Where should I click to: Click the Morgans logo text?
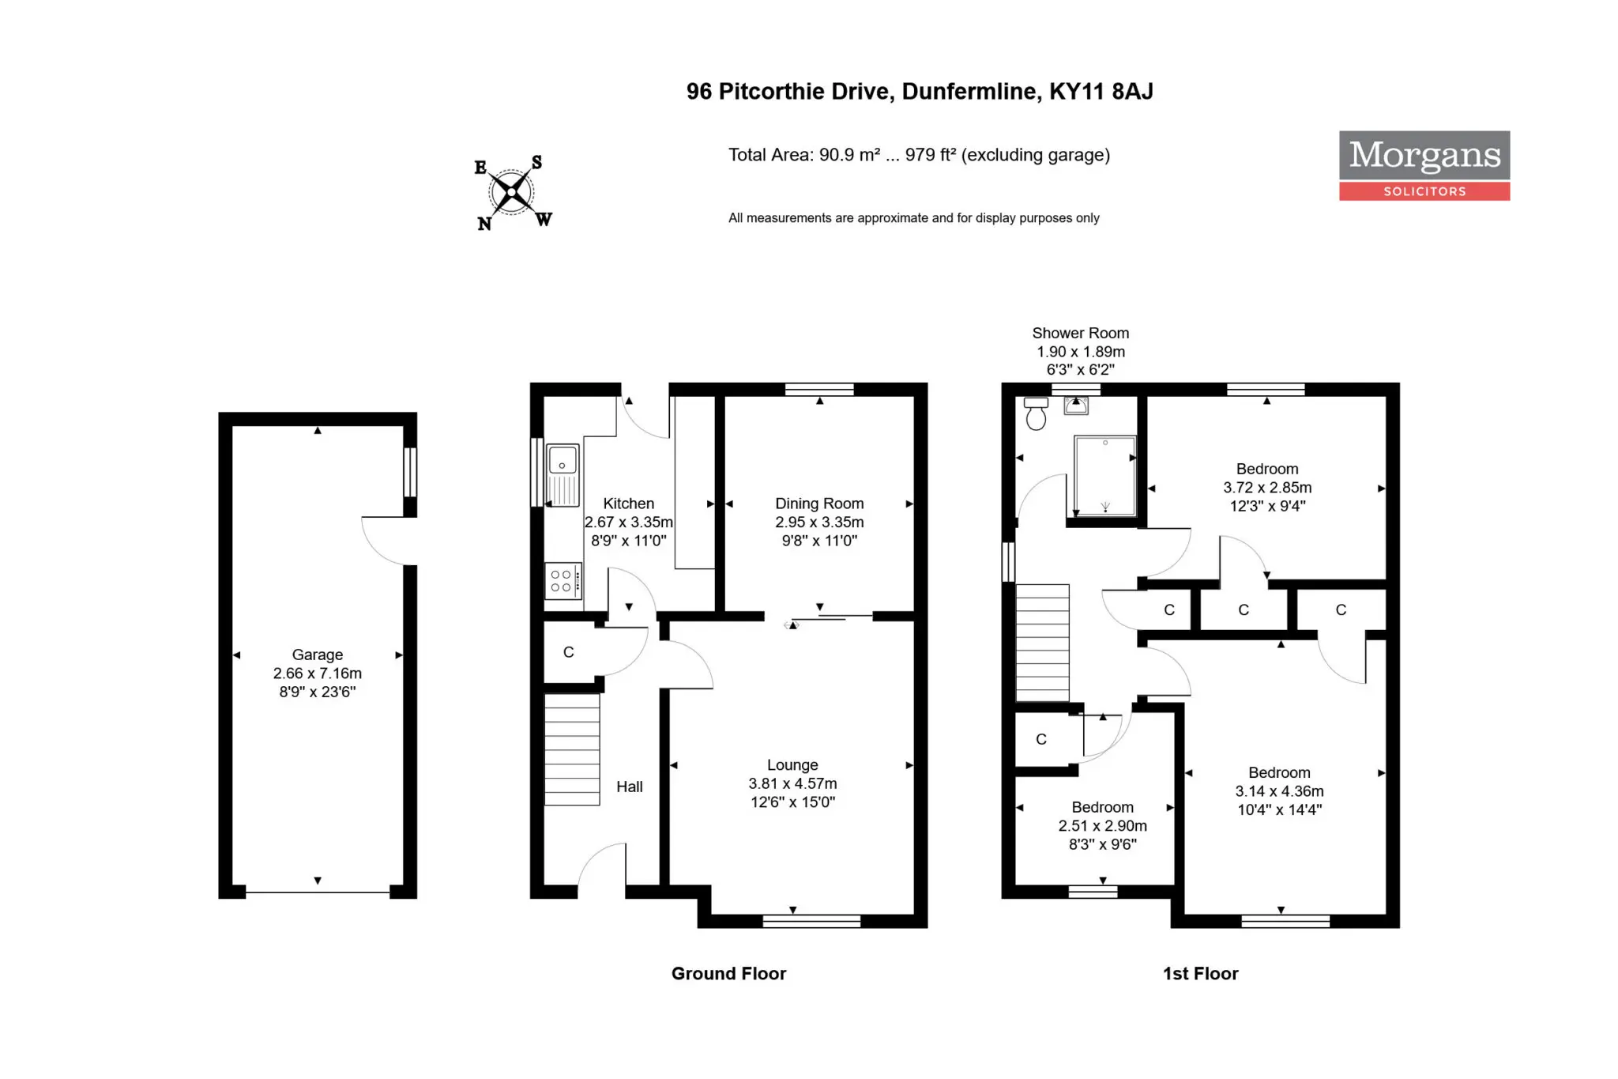[1424, 155]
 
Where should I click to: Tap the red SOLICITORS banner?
[1424, 191]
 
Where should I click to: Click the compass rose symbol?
[513, 192]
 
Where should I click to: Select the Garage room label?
[318, 655]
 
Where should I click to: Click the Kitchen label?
[629, 504]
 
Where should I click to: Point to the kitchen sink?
[563, 474]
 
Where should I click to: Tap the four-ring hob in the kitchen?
[563, 581]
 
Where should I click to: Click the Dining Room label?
[819, 504]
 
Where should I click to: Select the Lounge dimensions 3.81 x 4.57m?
[792, 783]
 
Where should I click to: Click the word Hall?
[630, 787]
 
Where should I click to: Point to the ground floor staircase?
[572, 749]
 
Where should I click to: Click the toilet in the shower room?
[1036, 413]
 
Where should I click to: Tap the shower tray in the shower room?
[1105, 476]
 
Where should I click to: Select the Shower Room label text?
[1081, 333]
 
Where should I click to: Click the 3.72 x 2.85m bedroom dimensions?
[1267, 488]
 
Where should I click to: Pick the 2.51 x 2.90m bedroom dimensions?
[1103, 825]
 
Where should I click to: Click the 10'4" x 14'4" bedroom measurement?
[1280, 809]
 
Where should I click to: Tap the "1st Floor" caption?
[1201, 974]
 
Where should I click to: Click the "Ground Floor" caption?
[729, 974]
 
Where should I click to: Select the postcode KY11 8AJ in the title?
[1101, 92]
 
